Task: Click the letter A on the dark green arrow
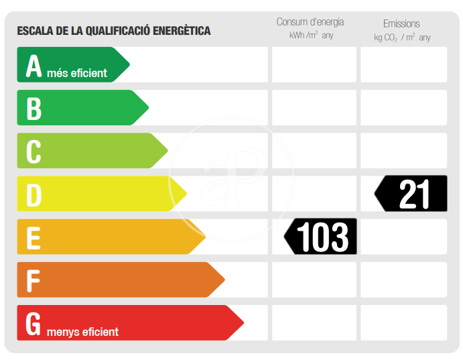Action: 34,66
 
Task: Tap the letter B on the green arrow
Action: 34,109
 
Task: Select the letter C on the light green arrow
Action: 34,152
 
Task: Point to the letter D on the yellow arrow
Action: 34,194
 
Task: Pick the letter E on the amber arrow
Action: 34,237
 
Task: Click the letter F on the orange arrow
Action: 33,280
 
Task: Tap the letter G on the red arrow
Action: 34,323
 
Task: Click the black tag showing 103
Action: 321,237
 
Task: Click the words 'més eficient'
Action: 77,73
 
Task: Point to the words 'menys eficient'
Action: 82,332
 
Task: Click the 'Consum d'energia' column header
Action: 310,22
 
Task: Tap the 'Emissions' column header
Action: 402,23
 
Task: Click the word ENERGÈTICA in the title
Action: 181,31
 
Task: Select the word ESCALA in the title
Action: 34,31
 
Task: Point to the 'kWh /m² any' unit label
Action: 311,36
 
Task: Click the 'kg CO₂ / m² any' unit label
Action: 403,38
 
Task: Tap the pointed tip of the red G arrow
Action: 243,323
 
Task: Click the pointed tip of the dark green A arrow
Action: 129,65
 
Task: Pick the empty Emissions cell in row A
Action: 403,65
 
